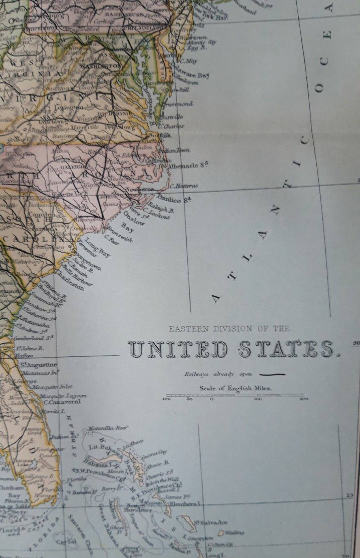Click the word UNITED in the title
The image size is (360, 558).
coord(178,349)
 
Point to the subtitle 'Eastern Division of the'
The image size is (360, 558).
coord(229,329)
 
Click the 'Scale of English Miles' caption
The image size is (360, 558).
coord(236,388)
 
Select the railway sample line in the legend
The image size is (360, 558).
coord(272,374)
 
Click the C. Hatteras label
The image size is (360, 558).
coord(184,186)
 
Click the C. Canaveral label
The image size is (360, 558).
coord(62,402)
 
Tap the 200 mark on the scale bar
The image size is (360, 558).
coord(304,399)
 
